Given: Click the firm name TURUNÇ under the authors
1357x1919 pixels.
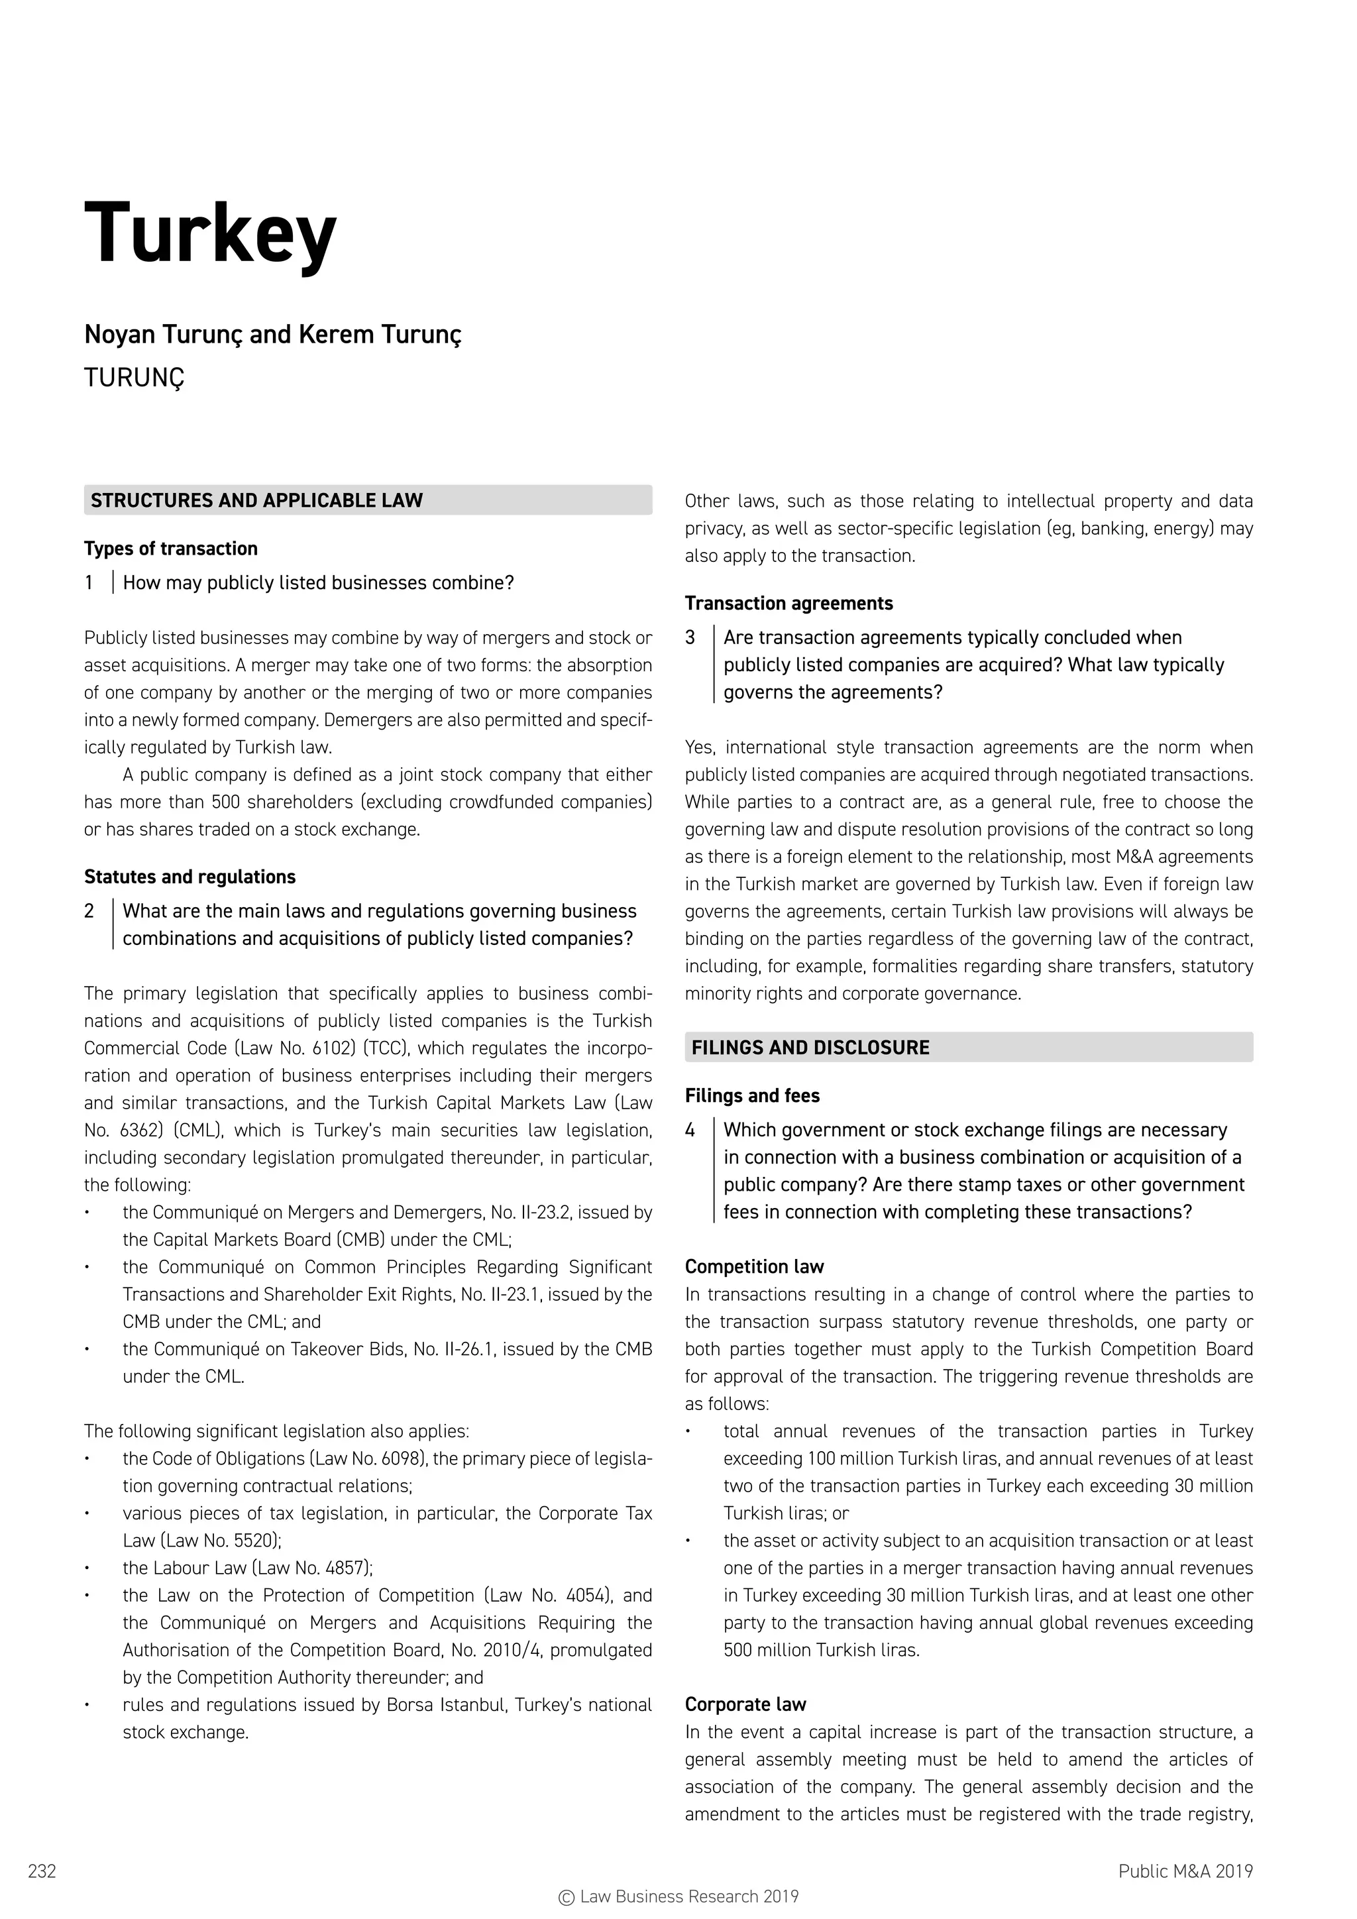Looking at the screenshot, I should pos(134,378).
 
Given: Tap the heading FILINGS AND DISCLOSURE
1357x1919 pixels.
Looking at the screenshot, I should pos(810,1047).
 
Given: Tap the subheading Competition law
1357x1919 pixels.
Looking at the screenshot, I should pos(753,1266).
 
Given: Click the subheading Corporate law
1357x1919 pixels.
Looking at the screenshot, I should pos(745,1704).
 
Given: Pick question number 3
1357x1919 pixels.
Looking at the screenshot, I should pos(690,637).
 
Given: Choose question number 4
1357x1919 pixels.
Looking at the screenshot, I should pos(690,1130).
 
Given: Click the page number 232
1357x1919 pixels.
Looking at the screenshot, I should pos(42,1871).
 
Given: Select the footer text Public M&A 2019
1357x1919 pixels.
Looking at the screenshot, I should pos(1185,1871).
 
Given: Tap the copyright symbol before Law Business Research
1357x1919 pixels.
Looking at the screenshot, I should pos(567,1897).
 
